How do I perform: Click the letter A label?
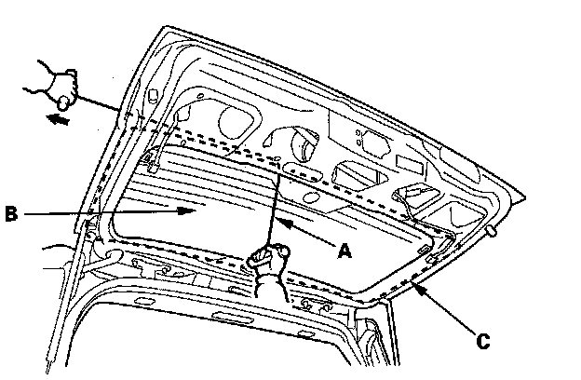pos(344,251)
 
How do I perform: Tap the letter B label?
pos(11,214)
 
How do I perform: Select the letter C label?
pos(481,342)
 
